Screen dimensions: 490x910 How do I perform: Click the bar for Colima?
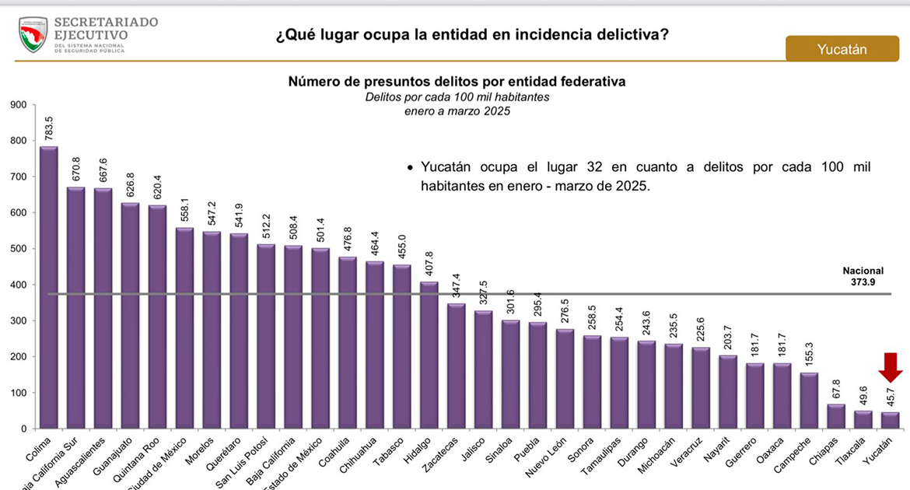(x=48, y=288)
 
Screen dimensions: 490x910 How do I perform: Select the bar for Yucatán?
(x=890, y=420)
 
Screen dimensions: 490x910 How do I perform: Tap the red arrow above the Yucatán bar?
(x=891, y=365)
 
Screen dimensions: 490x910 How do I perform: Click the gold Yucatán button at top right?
(x=842, y=49)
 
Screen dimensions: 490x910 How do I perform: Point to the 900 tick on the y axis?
(x=16, y=105)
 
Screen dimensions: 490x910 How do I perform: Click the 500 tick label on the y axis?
(x=16, y=249)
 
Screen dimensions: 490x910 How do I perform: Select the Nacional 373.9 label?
(x=863, y=276)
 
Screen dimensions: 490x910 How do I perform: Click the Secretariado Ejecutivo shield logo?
(x=33, y=35)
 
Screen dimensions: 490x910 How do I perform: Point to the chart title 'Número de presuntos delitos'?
(x=457, y=82)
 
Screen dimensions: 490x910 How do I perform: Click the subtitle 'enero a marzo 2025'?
(x=457, y=111)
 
